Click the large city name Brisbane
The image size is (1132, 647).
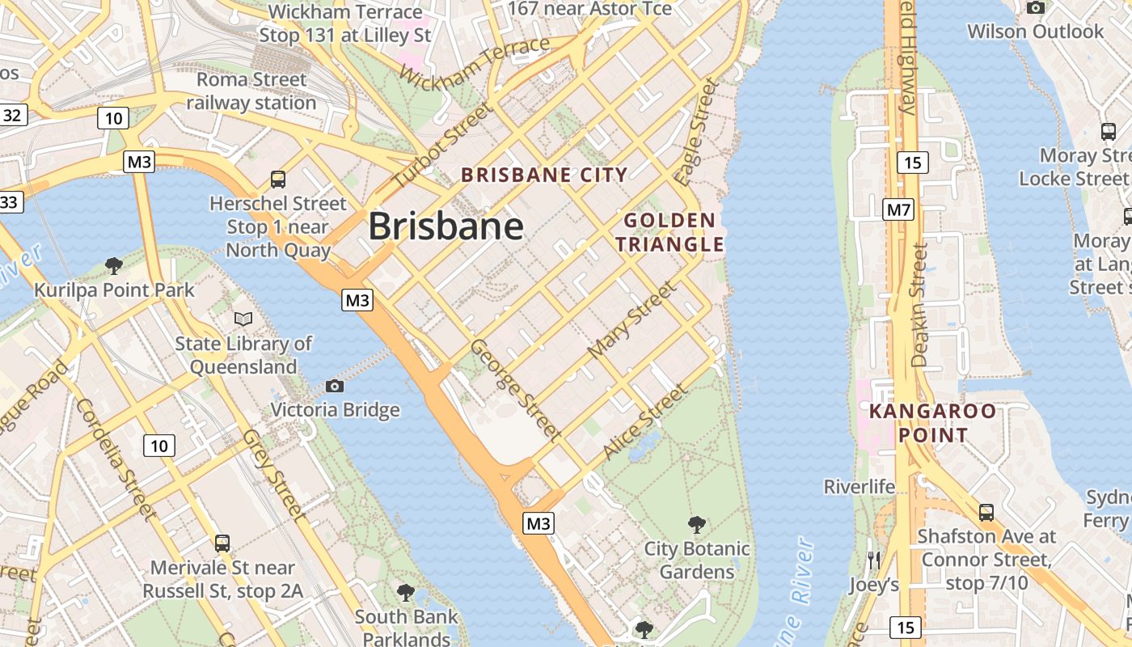(x=446, y=226)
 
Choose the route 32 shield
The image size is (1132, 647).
(x=12, y=115)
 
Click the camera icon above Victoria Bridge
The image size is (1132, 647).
(x=334, y=387)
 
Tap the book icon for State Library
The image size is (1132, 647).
(x=243, y=319)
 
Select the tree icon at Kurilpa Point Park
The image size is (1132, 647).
(x=114, y=265)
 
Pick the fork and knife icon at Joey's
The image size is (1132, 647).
(x=873, y=560)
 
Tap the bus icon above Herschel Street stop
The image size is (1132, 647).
(x=278, y=179)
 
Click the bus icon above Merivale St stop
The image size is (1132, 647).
(x=222, y=543)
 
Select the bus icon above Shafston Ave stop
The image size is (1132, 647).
(x=986, y=512)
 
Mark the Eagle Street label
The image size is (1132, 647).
(x=698, y=132)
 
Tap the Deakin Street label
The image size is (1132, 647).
(x=919, y=306)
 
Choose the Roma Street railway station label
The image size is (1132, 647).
(x=251, y=91)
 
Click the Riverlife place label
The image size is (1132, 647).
(x=860, y=487)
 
